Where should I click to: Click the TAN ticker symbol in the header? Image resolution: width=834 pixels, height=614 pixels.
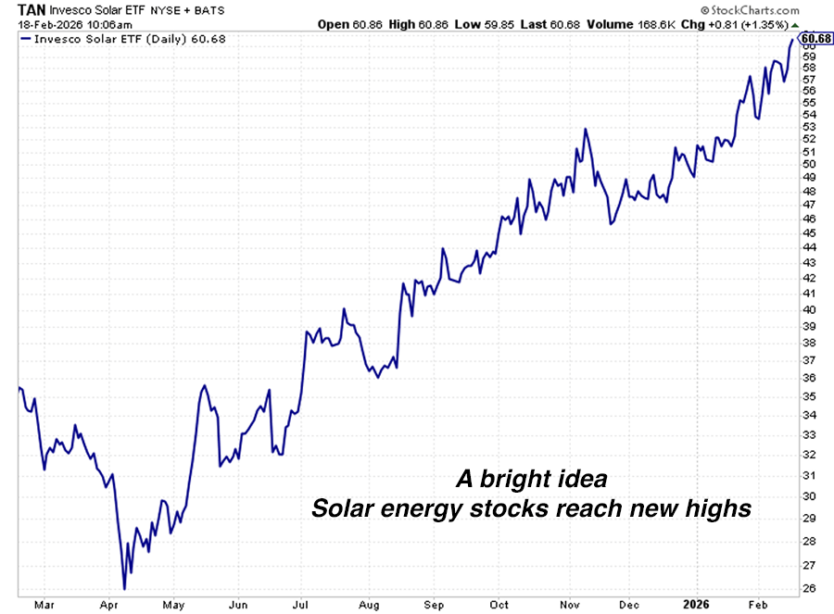[x=32, y=9]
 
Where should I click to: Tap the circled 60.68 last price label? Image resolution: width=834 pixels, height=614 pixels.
[x=815, y=38]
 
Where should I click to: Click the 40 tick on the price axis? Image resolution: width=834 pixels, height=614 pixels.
[x=808, y=309]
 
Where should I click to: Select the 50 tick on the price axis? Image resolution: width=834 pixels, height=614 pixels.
[x=808, y=164]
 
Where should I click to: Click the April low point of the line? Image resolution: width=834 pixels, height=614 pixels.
[x=124, y=589]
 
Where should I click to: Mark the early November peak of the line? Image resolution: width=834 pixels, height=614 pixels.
[x=586, y=129]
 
